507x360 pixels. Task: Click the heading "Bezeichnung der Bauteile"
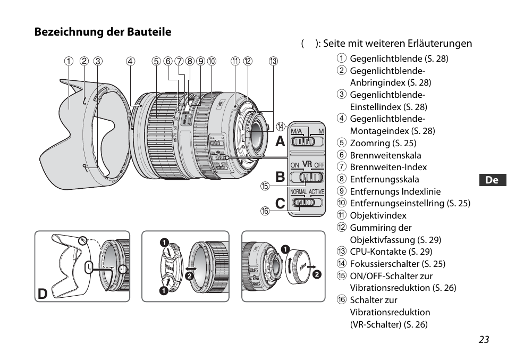[103, 32]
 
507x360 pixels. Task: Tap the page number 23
[483, 340]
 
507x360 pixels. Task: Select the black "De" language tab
[492, 180]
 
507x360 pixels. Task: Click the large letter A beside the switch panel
[280, 142]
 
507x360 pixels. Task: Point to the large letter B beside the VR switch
[280, 177]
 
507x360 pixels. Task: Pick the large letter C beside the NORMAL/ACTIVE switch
[280, 203]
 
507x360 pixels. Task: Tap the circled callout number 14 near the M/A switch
[280, 127]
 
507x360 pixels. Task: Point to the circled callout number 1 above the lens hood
[69, 61]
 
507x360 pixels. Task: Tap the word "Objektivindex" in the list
[378, 215]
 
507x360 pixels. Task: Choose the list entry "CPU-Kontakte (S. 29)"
[391, 252]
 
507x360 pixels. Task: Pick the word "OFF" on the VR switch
[319, 165]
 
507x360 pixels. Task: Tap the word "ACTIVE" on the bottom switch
[317, 191]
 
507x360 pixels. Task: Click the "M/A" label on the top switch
[296, 131]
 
